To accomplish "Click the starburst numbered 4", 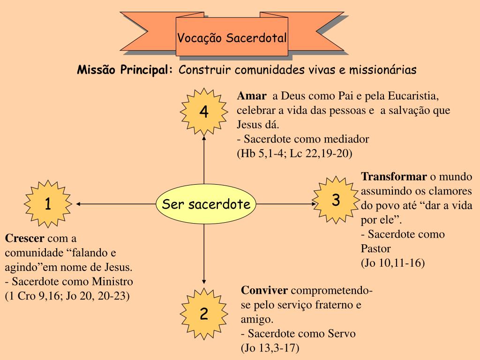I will click(204, 112).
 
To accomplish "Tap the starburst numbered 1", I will click(48, 204).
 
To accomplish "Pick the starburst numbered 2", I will click(204, 314).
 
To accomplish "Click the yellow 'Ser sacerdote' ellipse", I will click(206, 204).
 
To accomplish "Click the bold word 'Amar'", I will click(252, 96).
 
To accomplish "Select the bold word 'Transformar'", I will click(394, 176).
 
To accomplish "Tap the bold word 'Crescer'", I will click(25, 238).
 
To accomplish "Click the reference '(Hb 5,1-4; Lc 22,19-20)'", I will click(294, 153).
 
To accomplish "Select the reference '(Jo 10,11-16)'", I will click(393, 262).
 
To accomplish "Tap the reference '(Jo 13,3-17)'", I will click(270, 348).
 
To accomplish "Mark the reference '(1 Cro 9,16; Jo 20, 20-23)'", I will click(67, 296).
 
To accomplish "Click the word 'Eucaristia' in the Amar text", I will click(414, 96).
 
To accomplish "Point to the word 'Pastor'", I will click(376, 248).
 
